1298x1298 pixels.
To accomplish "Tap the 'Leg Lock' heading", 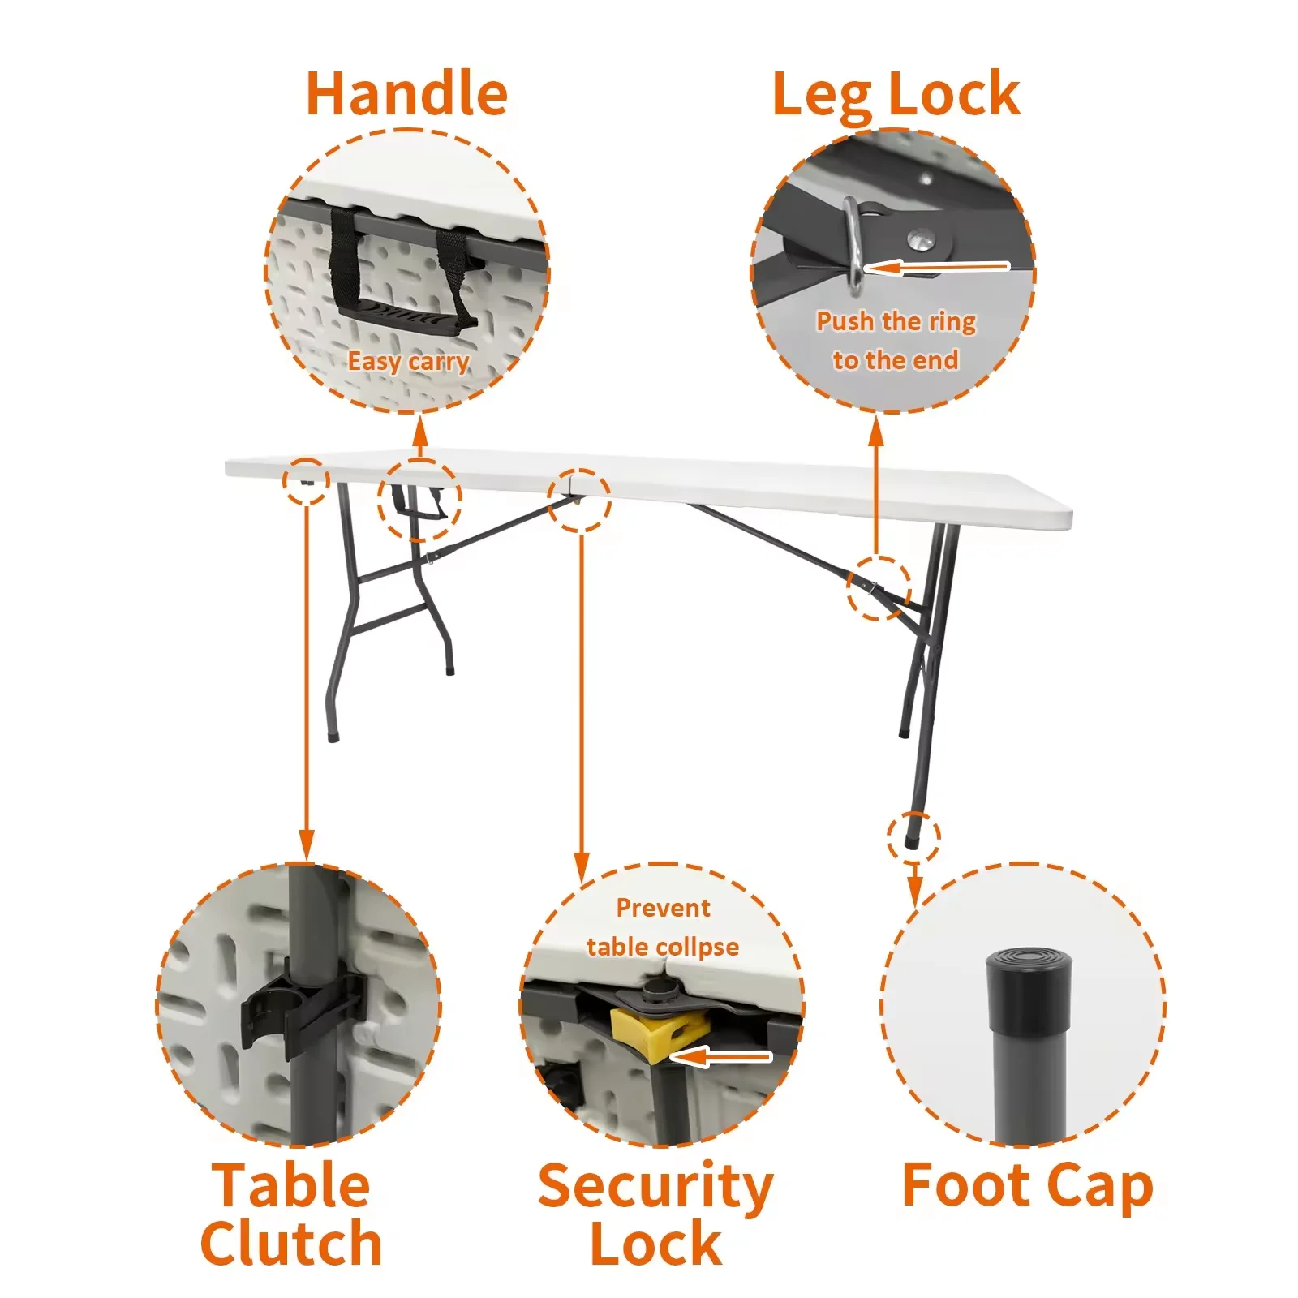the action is coord(896,95).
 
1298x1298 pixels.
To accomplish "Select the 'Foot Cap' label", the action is coord(1027,1186).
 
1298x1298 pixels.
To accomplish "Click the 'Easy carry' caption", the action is coord(408,361).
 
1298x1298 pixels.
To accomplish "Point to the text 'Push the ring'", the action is coord(896,321).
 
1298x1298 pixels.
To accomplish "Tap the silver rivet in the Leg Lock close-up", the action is coord(920,239).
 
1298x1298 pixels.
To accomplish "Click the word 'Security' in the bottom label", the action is coord(655,1187).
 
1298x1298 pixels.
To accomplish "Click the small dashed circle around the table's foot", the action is coord(913,836).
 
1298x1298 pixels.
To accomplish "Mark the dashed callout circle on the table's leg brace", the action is coord(879,588).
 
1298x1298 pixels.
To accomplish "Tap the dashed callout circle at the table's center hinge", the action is coord(578,500).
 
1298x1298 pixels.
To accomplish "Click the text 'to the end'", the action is coord(896,359).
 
